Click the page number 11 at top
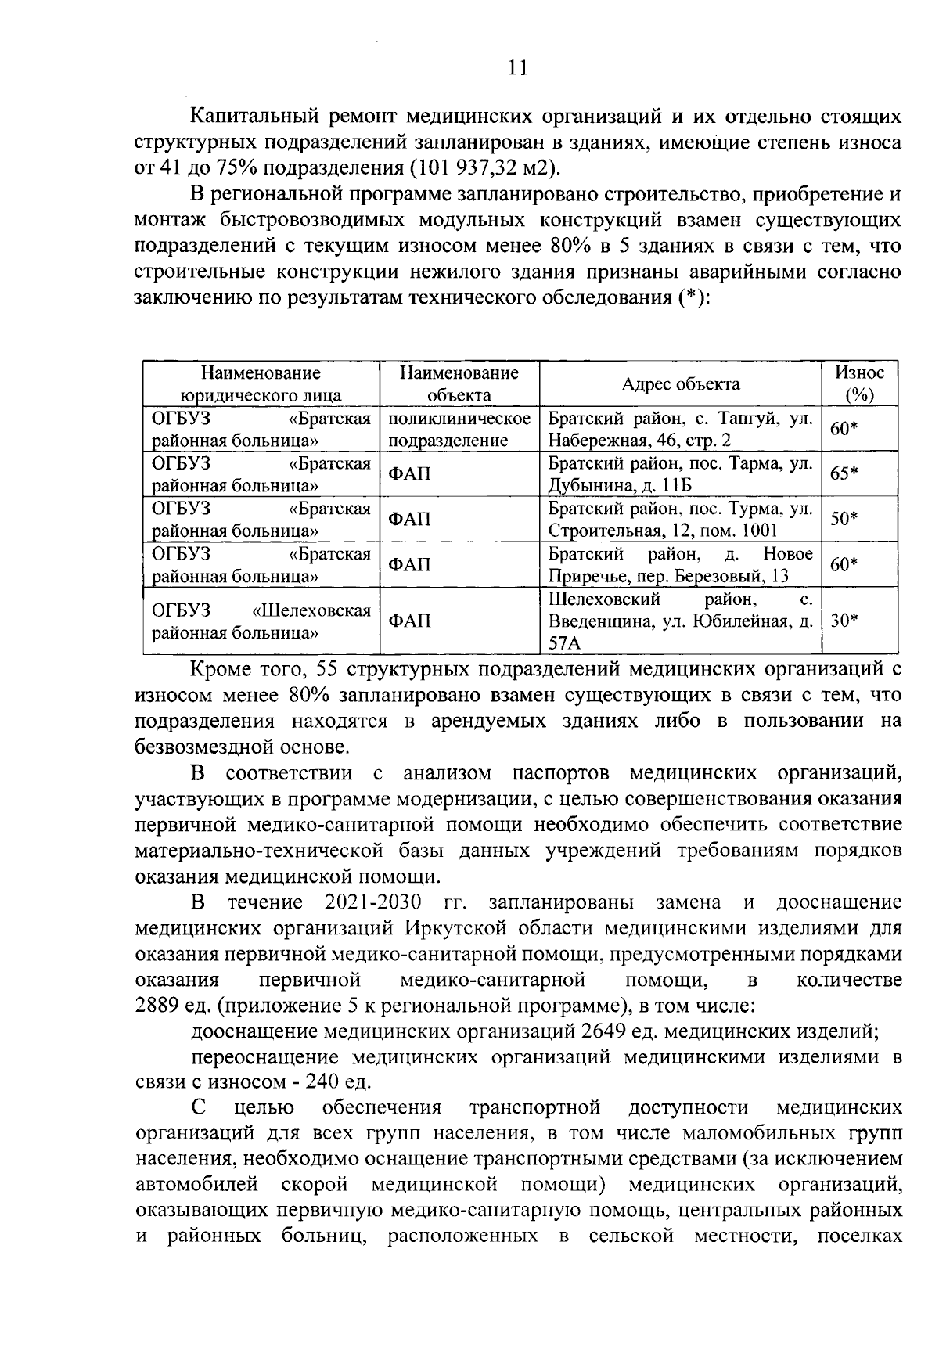tap(516, 68)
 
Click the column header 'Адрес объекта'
tap(680, 383)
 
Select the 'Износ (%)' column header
tap(859, 383)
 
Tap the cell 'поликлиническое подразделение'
tap(459, 429)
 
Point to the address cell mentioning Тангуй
tap(680, 429)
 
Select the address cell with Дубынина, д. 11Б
tap(680, 473)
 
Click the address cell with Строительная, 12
tap(680, 519)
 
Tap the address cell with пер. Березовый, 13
tap(680, 564)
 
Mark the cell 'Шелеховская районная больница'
tap(261, 621)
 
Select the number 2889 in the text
tap(159, 1006)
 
